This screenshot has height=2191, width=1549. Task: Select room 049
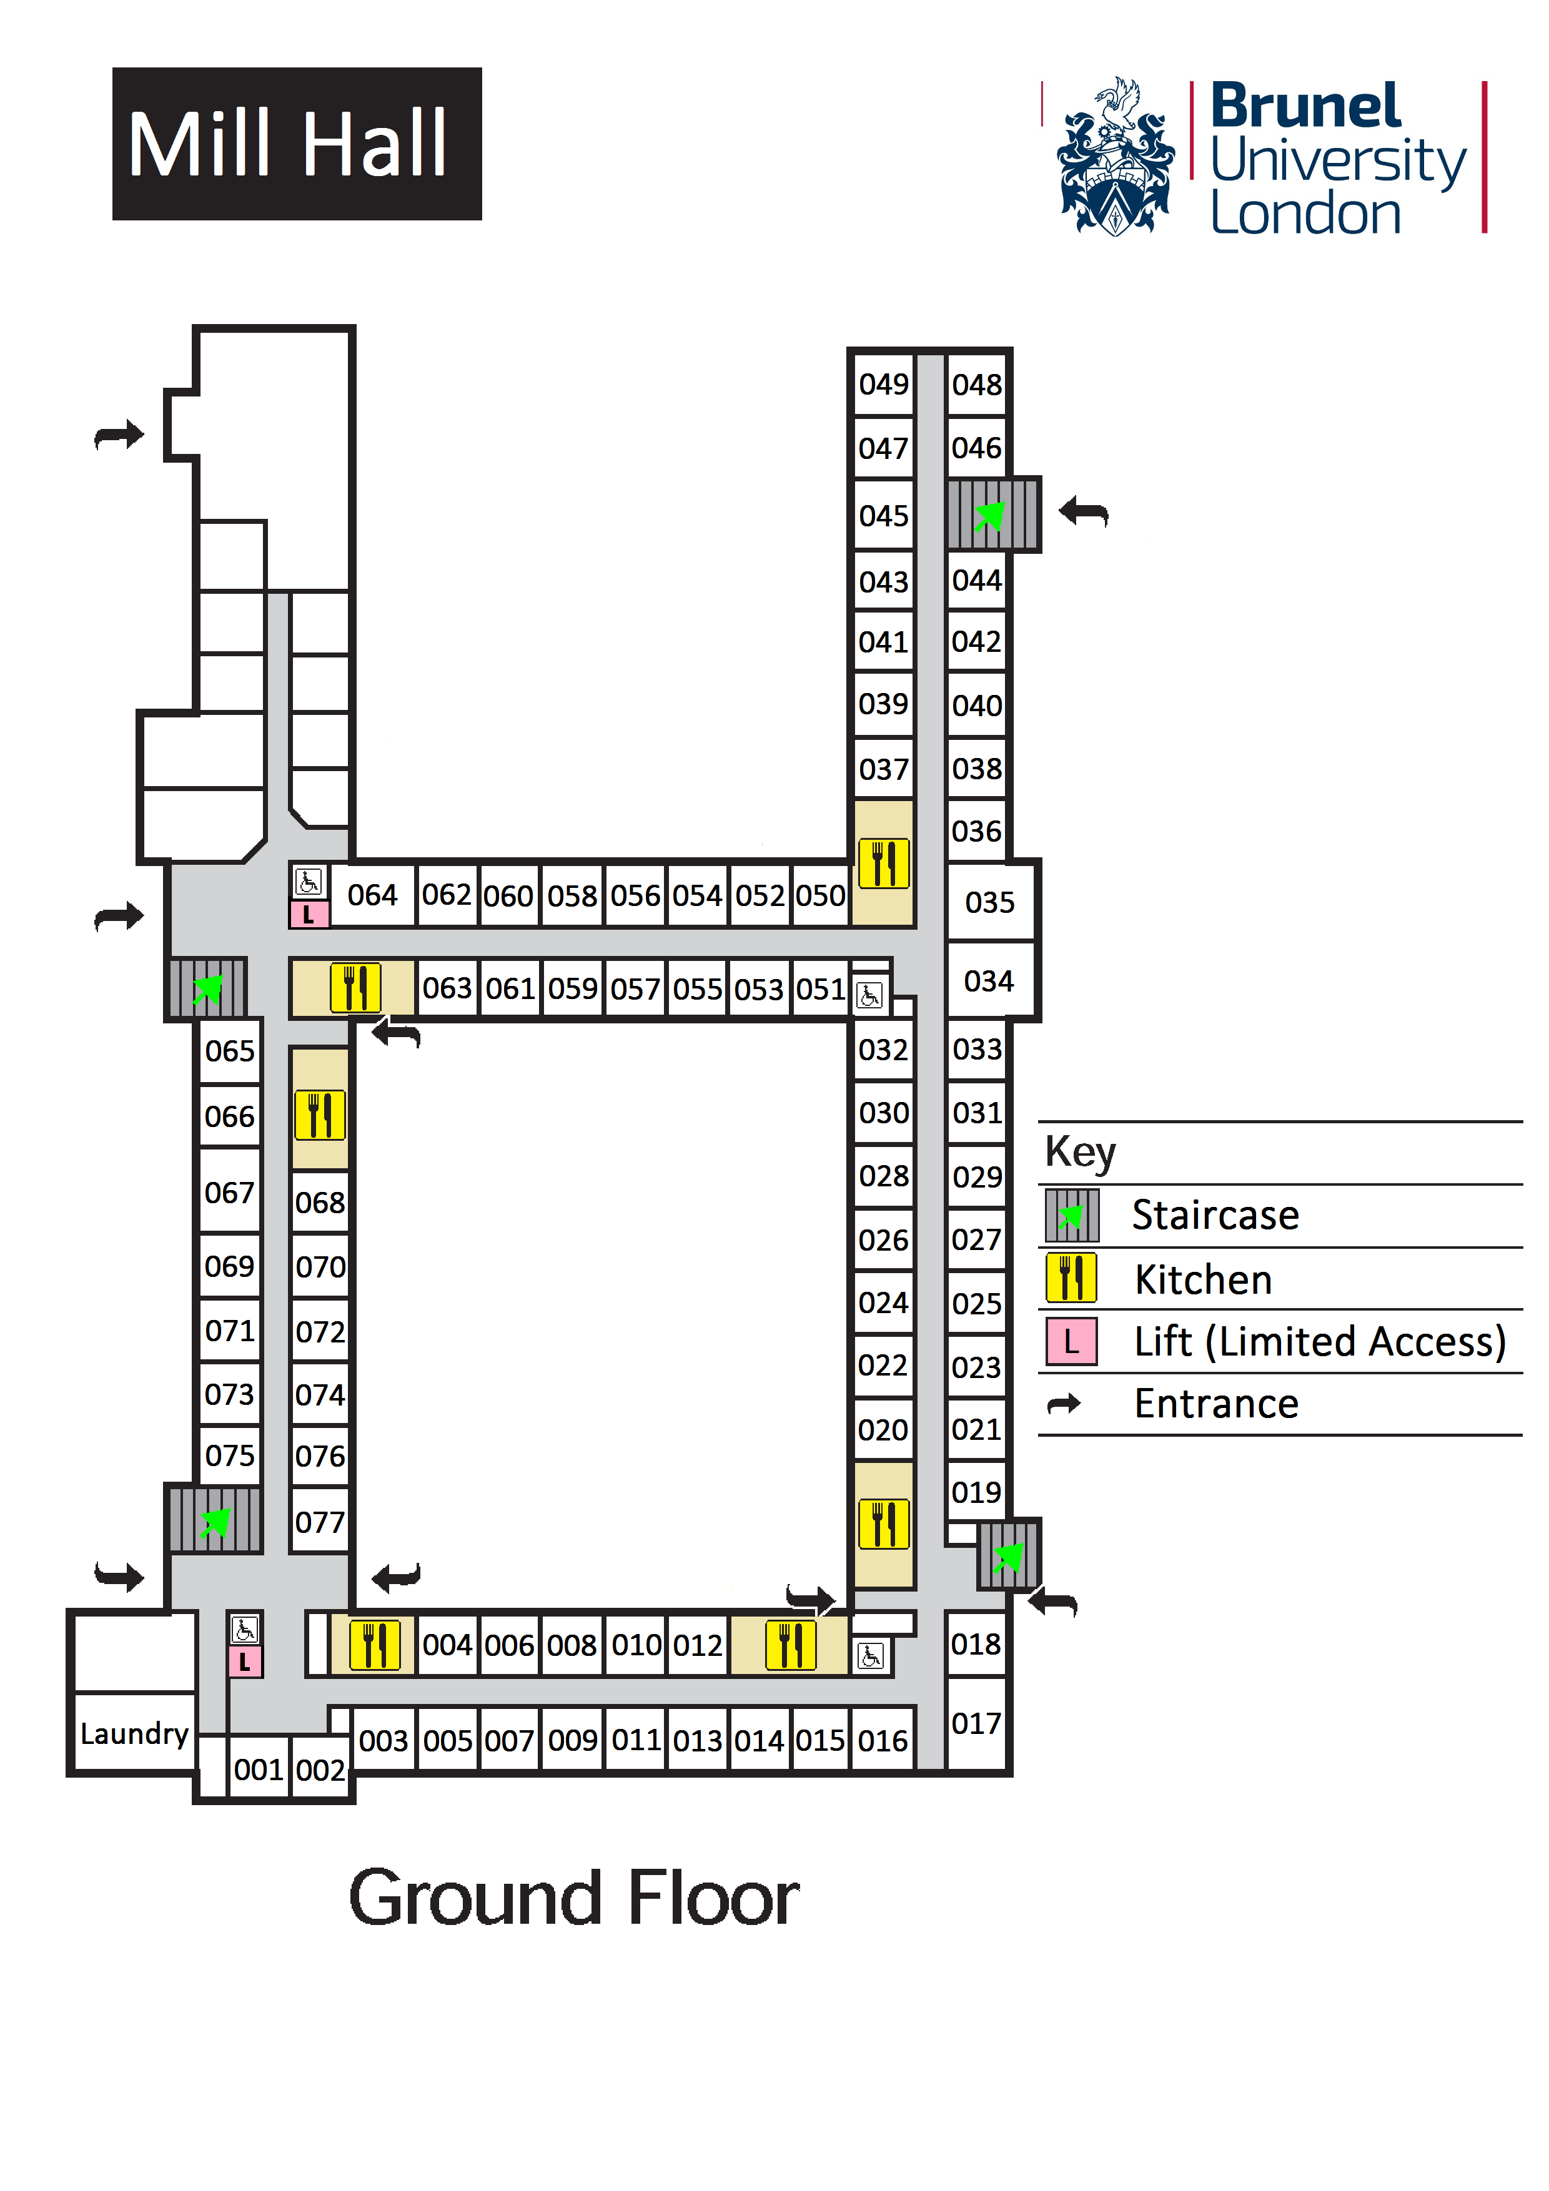(x=883, y=385)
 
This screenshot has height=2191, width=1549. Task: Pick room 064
(x=372, y=895)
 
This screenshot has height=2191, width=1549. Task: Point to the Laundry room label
(x=134, y=1733)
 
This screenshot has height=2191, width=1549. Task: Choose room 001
(x=258, y=1770)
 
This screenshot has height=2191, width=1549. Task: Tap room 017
(x=976, y=1723)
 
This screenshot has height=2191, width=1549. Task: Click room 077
(x=320, y=1522)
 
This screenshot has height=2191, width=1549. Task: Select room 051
(x=821, y=988)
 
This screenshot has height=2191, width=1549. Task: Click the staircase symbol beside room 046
(x=992, y=515)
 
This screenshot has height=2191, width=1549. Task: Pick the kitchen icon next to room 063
(x=355, y=988)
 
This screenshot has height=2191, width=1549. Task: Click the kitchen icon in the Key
(x=1071, y=1279)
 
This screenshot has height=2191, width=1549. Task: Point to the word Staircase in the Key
(x=1215, y=1216)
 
